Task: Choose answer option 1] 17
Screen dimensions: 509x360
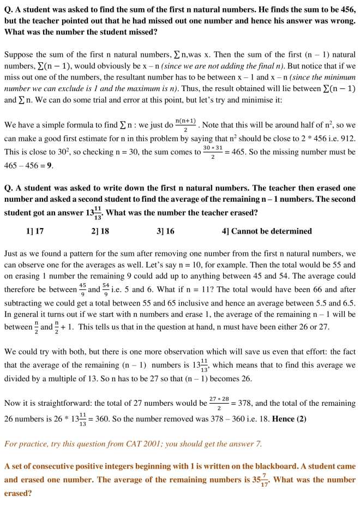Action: [x=35, y=231]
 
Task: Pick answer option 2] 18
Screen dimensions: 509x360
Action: [x=100, y=231]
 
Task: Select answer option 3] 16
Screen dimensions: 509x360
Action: [x=165, y=231]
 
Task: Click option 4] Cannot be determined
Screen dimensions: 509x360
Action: [x=267, y=231]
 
